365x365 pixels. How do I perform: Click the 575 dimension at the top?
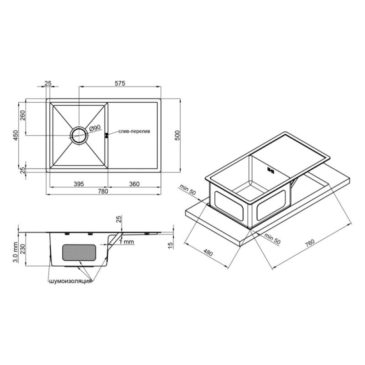[120, 83]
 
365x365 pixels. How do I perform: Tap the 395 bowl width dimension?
[79, 184]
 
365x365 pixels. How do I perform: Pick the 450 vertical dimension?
[16, 135]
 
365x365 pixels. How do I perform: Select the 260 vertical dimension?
[23, 115]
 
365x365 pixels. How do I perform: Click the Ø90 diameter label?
[95, 128]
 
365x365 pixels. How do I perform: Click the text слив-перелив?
[134, 131]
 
